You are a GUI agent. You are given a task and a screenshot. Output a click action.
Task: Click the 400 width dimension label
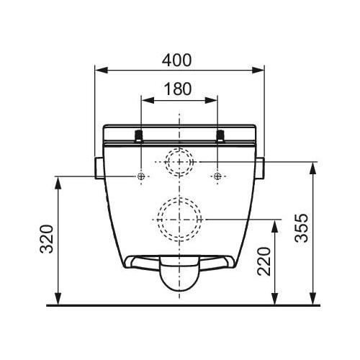pos(176,60)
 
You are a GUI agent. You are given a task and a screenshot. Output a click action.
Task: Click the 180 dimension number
pos(178,89)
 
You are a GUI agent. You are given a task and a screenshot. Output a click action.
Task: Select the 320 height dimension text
pos(46,239)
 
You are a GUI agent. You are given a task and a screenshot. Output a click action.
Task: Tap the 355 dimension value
pos(301,228)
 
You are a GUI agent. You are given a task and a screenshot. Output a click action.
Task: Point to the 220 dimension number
pos(264,261)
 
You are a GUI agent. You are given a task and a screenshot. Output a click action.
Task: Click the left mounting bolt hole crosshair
pos(141,176)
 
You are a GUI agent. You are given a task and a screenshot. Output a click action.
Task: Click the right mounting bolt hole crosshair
pos(217,176)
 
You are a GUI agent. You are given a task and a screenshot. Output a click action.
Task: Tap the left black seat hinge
pos(139,136)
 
